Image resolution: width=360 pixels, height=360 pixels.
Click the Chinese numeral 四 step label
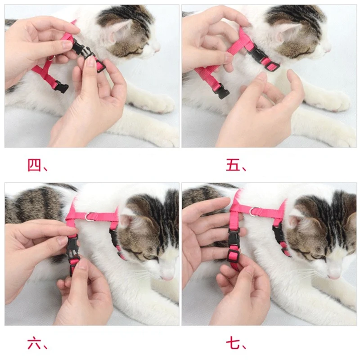click(34, 166)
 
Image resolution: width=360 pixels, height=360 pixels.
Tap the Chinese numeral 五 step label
click(233, 166)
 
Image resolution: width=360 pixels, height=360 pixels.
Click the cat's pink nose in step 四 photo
click(156, 47)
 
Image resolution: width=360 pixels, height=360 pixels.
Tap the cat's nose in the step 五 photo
click(328, 48)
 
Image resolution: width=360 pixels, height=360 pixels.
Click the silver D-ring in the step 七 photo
click(255, 211)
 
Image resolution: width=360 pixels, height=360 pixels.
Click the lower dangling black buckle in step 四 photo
click(61, 87)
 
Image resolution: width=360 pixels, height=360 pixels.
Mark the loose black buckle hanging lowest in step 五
click(221, 92)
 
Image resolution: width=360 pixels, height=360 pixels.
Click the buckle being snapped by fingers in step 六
click(73, 252)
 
